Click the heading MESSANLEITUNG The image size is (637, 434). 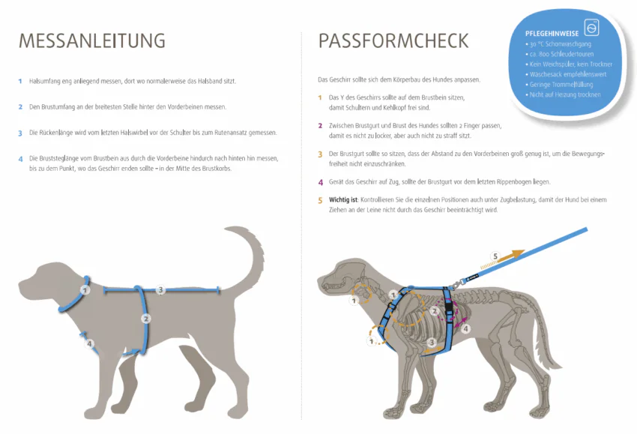pos(91,40)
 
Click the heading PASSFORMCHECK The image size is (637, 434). pos(393,40)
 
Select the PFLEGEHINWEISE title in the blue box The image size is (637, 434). pos(551,33)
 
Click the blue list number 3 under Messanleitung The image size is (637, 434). pos(20,133)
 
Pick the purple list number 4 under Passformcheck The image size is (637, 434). pos(320,181)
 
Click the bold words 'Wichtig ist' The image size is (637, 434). pos(343,200)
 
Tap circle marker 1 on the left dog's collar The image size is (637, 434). pos(85,289)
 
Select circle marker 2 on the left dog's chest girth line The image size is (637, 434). pos(146,319)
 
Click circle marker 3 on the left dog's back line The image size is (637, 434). pos(160,289)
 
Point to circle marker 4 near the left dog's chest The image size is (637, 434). pos(90,344)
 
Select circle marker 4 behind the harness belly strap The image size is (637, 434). pos(465,328)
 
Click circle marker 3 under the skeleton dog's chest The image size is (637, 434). pos(432,342)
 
